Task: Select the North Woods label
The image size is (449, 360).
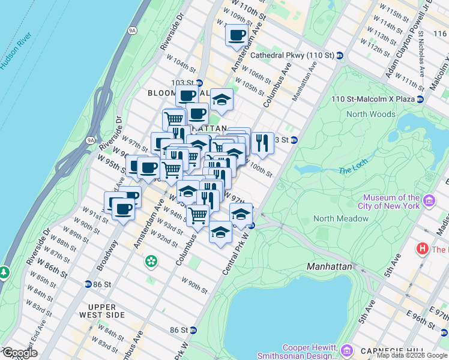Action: (x=371, y=114)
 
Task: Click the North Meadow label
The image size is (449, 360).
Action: (x=340, y=218)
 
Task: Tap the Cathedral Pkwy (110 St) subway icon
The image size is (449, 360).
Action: (x=340, y=55)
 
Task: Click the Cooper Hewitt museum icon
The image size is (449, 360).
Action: (x=346, y=349)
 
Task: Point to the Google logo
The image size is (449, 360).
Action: (x=19, y=353)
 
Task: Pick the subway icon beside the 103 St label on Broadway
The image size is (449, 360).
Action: (x=199, y=83)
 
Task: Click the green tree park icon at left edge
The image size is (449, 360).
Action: (x=4, y=272)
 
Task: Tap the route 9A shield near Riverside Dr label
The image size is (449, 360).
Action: (x=91, y=140)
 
